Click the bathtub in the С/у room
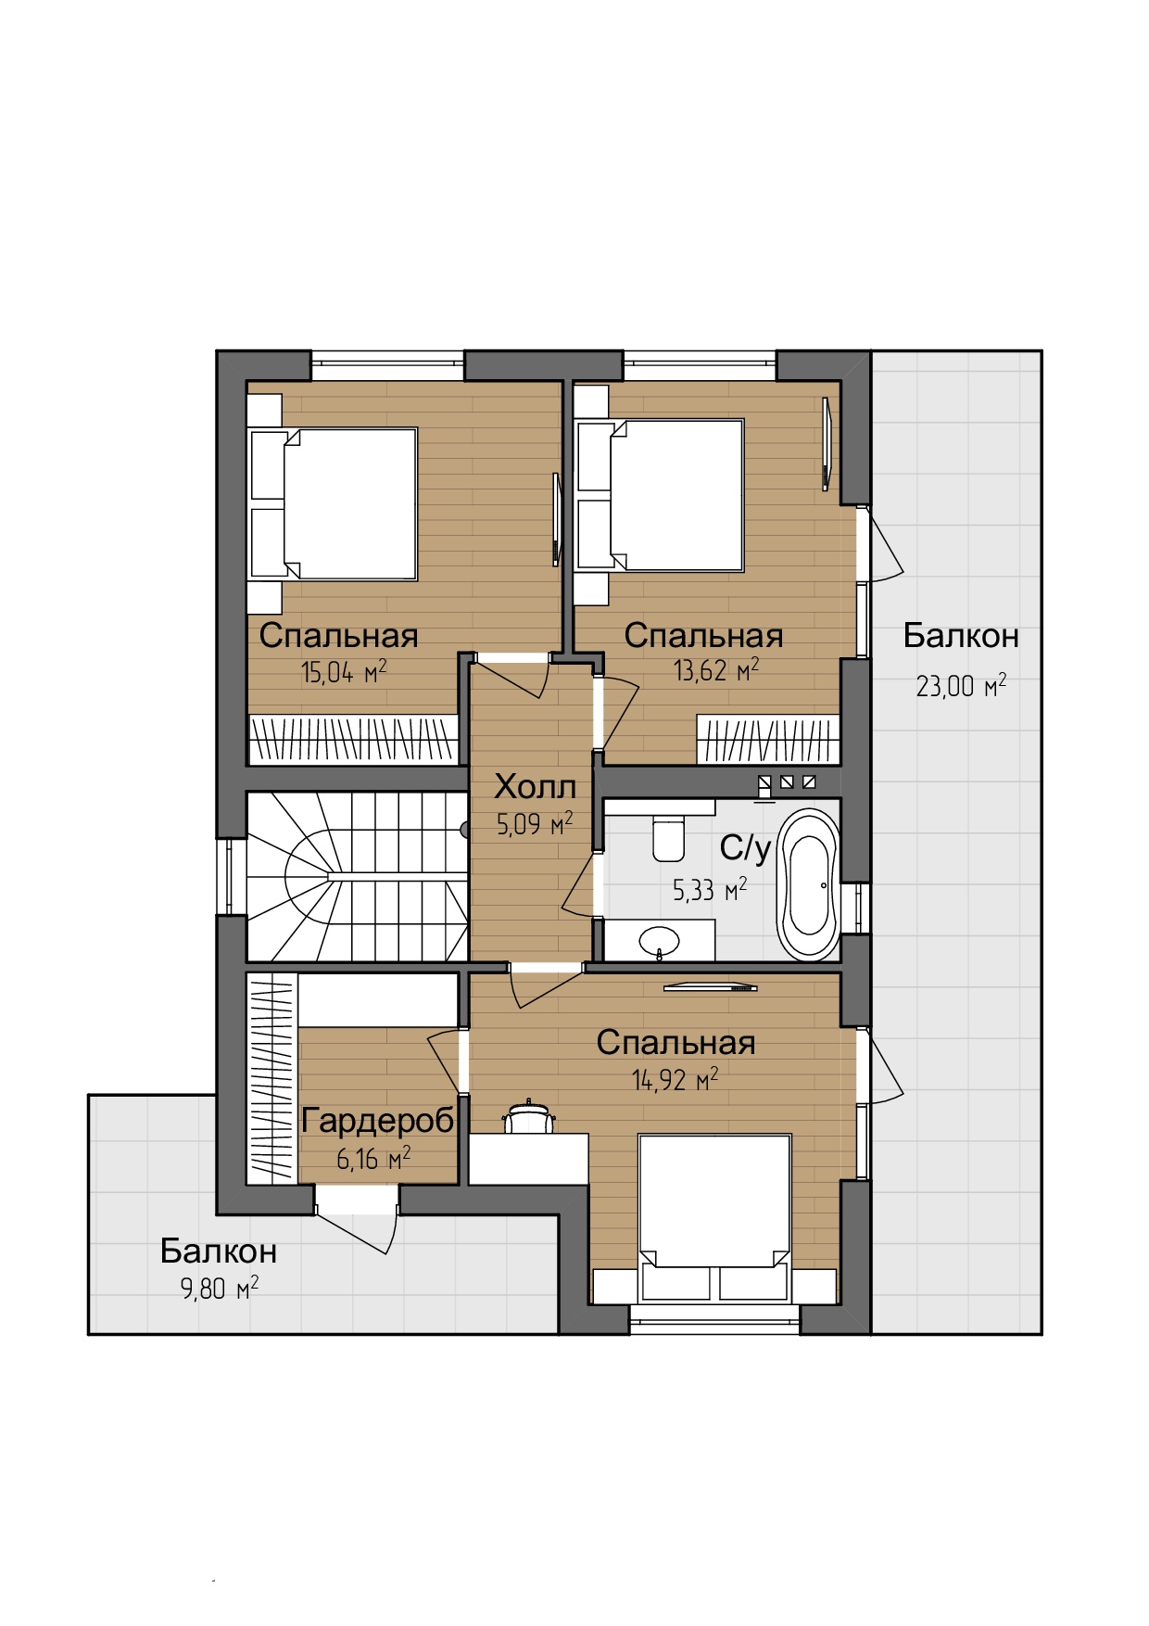click(x=809, y=883)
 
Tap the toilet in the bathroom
click(x=668, y=837)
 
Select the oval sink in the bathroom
click(x=660, y=941)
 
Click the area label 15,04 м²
click(x=344, y=671)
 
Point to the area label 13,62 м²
click(x=716, y=669)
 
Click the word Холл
click(x=535, y=786)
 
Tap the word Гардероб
click(x=378, y=1121)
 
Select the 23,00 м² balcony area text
click(x=961, y=685)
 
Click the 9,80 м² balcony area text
click(x=220, y=1288)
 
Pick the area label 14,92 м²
click(x=676, y=1079)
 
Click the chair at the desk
click(x=529, y=1117)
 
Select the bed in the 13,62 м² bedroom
click(x=660, y=495)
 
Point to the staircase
click(x=357, y=876)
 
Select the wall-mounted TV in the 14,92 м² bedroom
click(x=711, y=987)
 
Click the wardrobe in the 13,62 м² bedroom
click(x=768, y=740)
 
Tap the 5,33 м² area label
click(x=710, y=890)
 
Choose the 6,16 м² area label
click(x=373, y=1158)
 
